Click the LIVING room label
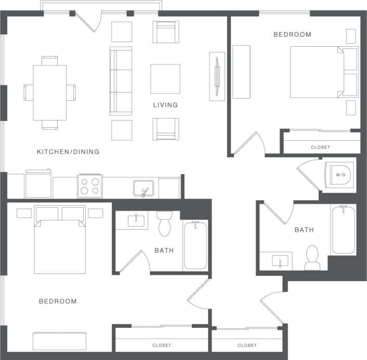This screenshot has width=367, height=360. pyautogui.click(x=165, y=105)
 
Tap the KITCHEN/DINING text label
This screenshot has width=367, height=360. pyautogui.click(x=68, y=152)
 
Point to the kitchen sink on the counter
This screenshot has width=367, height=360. pyautogui.click(x=143, y=188)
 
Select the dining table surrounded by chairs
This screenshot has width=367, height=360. pyautogui.click(x=50, y=92)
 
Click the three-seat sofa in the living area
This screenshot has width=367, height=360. pyautogui.click(x=121, y=81)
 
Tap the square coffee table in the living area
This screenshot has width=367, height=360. pyautogui.click(x=165, y=78)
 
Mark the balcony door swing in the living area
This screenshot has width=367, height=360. pyautogui.click(x=87, y=22)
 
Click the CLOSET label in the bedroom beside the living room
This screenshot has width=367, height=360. pyautogui.click(x=320, y=147)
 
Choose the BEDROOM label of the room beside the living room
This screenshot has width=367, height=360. pyautogui.click(x=292, y=35)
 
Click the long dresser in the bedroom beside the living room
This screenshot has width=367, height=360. pyautogui.click(x=240, y=72)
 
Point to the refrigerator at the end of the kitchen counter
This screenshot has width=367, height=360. pyautogui.click(x=38, y=184)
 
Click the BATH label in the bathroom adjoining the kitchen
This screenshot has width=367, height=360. pyautogui.click(x=164, y=250)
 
